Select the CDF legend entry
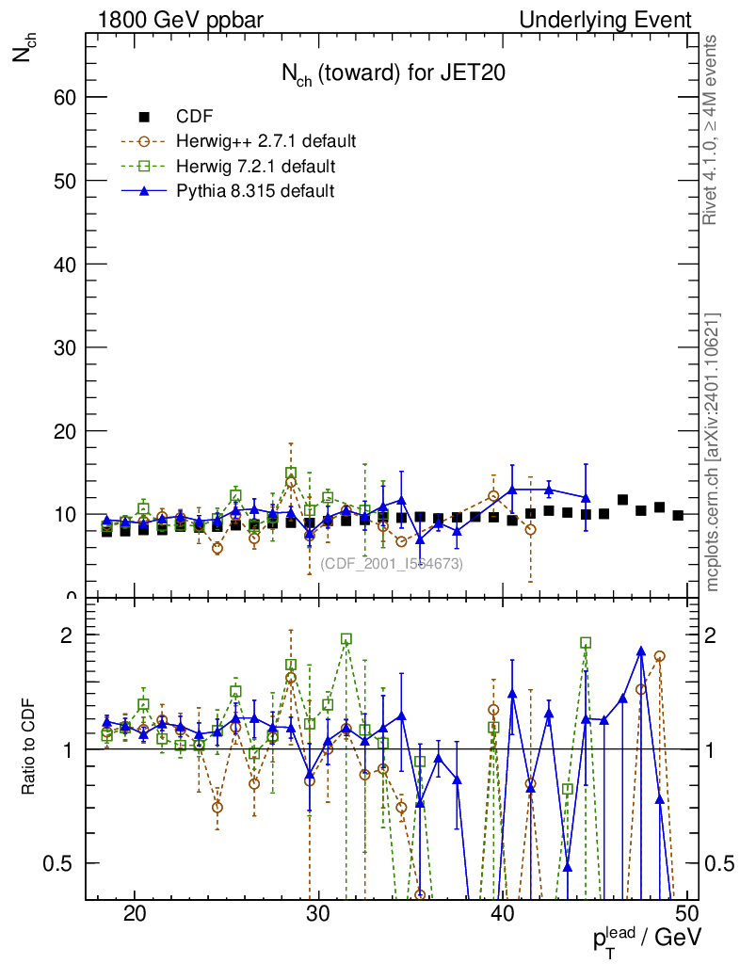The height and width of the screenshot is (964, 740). pyautogui.click(x=195, y=117)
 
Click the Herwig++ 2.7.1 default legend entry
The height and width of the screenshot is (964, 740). pyautogui.click(x=265, y=141)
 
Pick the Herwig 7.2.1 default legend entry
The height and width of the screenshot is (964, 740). pyautogui.click(x=256, y=166)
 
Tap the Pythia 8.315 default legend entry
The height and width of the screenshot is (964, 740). pyautogui.click(x=255, y=190)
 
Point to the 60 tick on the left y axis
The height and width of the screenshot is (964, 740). pyautogui.click(x=63, y=97)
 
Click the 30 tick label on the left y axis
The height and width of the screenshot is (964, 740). pyautogui.click(x=63, y=347)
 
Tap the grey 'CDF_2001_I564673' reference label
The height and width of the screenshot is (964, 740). pyautogui.click(x=392, y=563)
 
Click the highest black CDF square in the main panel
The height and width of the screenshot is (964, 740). pyautogui.click(x=622, y=500)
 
